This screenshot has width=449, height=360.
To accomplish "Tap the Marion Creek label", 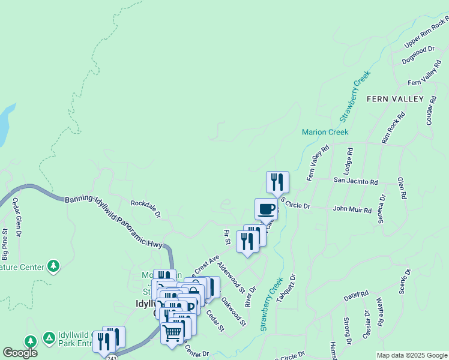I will (x=325, y=132).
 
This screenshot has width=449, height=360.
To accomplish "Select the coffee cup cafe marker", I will (x=266, y=209).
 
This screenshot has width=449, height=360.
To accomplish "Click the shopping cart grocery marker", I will (x=172, y=332).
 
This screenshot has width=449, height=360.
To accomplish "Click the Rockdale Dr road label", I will (x=146, y=208).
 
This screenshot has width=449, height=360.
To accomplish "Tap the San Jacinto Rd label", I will (x=355, y=181).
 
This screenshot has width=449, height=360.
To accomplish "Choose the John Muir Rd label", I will (x=352, y=210).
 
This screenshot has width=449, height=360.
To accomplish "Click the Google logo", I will (x=20, y=352).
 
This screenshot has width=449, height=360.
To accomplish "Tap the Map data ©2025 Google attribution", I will (x=412, y=355).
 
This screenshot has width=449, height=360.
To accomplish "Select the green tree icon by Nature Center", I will (x=53, y=265).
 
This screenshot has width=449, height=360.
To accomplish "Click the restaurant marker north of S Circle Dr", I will (x=277, y=182).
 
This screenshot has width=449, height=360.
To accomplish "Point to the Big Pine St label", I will (x=5, y=244).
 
